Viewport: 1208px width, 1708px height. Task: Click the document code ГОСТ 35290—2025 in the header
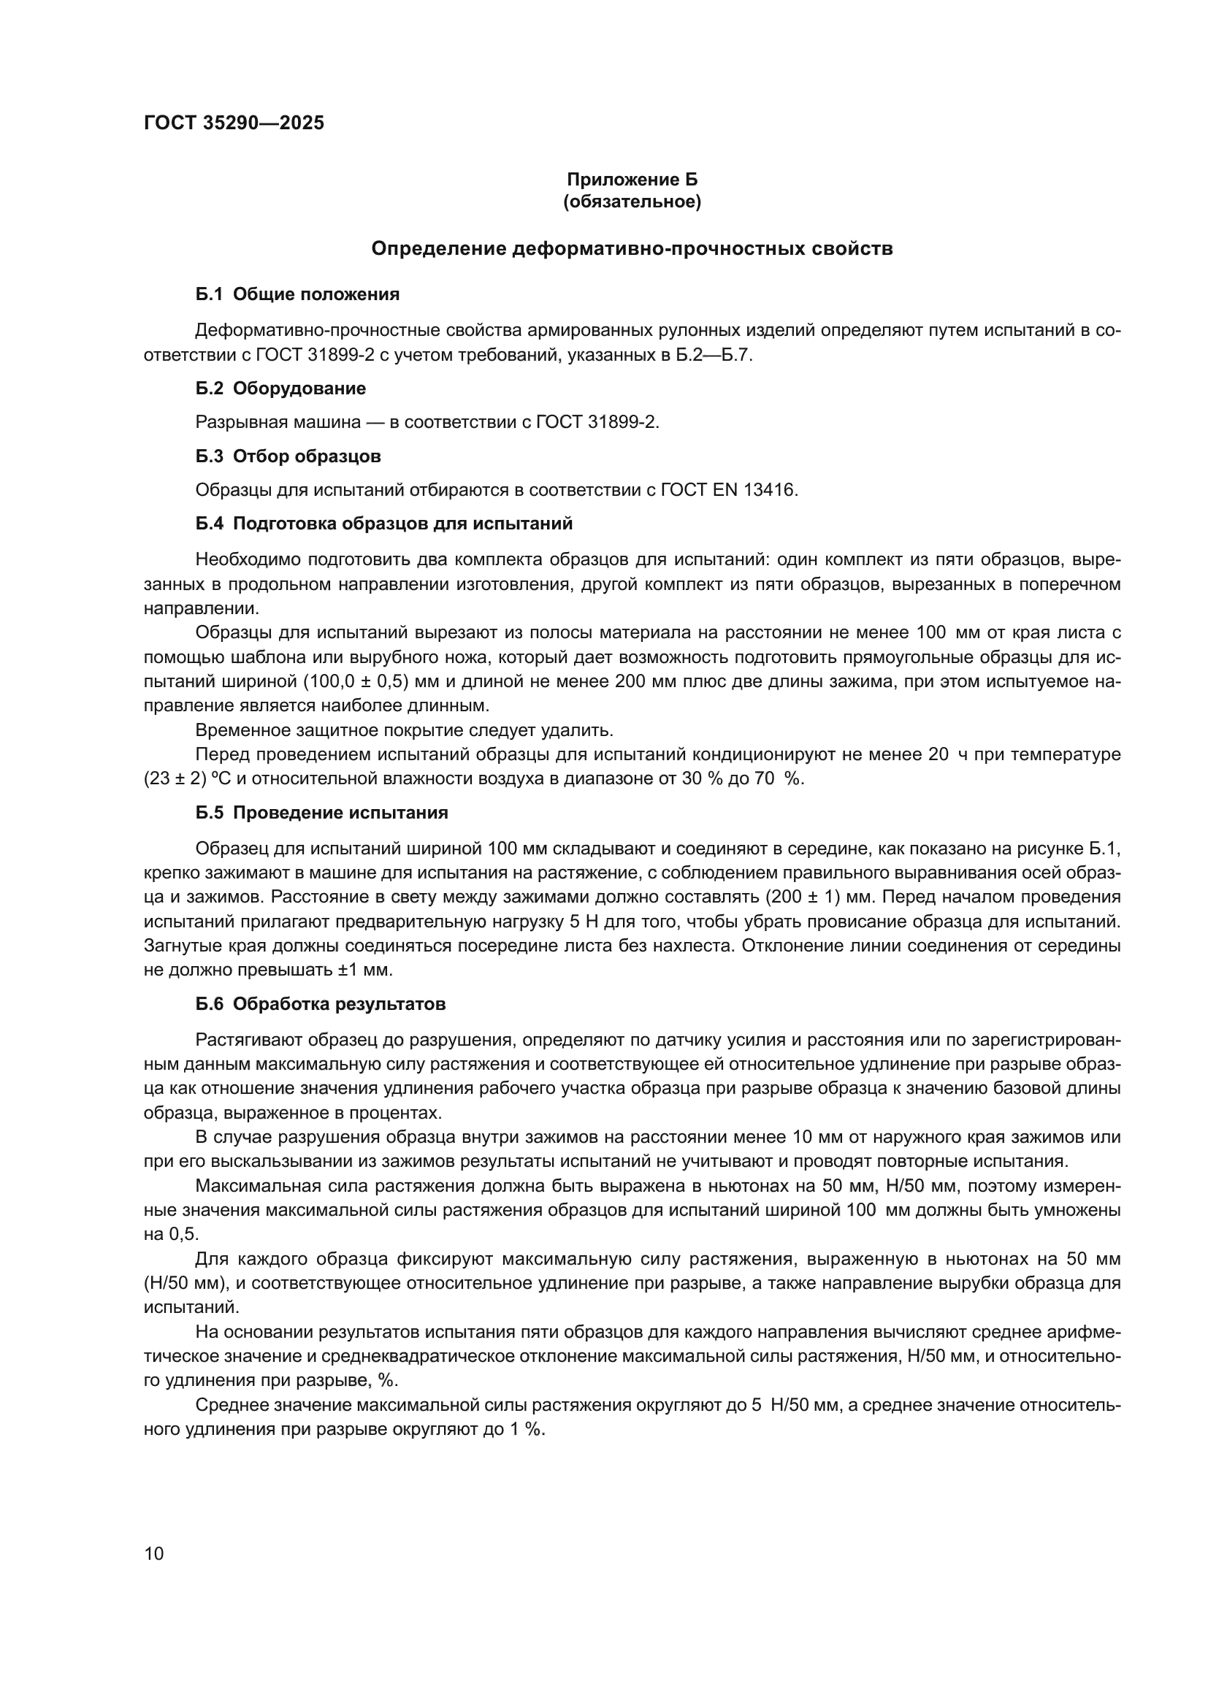(x=234, y=123)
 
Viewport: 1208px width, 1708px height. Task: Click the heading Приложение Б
(x=632, y=180)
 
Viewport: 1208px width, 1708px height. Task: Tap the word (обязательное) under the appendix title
(x=632, y=202)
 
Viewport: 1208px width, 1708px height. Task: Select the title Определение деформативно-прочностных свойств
(x=632, y=248)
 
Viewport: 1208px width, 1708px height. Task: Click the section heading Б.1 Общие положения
(x=297, y=294)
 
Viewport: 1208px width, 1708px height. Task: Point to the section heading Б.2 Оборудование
(x=280, y=388)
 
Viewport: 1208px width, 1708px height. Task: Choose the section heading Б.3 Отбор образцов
(x=288, y=456)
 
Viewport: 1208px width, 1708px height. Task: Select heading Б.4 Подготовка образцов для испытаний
(x=384, y=524)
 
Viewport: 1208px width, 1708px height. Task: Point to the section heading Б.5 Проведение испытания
(x=321, y=813)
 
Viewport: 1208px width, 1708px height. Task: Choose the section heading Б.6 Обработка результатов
(x=321, y=1004)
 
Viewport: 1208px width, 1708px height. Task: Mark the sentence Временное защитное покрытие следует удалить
(x=404, y=729)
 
